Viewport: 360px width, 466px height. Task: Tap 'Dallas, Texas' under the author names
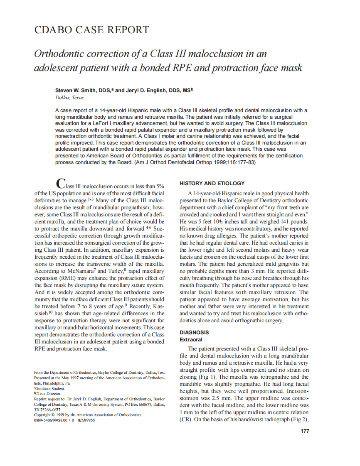point(69,98)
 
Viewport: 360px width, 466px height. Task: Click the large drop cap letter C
point(60,184)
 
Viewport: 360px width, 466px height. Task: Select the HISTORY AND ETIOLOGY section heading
point(212,183)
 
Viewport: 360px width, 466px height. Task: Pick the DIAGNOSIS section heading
point(194,333)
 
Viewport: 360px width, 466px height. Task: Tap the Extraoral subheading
point(191,339)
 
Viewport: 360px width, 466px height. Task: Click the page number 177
point(304,431)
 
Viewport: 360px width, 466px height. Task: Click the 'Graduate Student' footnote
point(49,389)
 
